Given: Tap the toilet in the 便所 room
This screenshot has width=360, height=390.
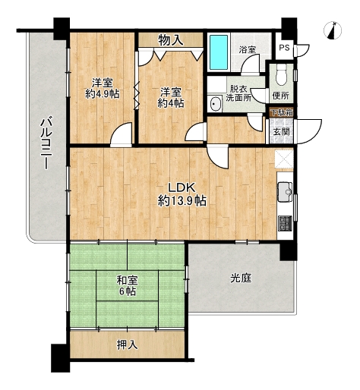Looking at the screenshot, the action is point(281,74).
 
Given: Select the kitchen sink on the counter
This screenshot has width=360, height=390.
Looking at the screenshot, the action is point(285,192).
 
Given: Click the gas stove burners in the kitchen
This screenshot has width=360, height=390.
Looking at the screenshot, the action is point(286,223).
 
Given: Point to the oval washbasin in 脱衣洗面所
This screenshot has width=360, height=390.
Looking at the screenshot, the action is point(215,104).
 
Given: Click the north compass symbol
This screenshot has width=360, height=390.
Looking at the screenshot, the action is point(333,30).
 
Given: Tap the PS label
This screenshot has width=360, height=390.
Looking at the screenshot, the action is point(284,48).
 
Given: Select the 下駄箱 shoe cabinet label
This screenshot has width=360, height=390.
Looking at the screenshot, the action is point(282,112).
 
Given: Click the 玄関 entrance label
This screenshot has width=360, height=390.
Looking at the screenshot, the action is point(281,131).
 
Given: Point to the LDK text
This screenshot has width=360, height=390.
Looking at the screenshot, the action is point(182,187).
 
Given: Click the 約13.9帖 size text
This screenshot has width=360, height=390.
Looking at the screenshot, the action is point(182,201).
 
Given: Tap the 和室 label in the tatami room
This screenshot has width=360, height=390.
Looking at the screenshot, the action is point(128,280).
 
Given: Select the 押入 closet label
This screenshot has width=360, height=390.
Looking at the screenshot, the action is point(128,344).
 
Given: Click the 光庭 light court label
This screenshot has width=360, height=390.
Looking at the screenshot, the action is point(241,278).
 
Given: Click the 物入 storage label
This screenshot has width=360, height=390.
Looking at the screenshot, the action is point(171,40).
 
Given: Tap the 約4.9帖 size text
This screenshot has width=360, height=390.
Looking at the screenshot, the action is point(103,94).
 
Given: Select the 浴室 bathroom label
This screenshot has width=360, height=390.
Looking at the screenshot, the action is point(248,49).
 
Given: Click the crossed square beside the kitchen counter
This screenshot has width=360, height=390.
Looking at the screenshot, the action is point(285,159).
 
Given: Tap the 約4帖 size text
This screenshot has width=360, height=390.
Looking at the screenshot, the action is point(171,103).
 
